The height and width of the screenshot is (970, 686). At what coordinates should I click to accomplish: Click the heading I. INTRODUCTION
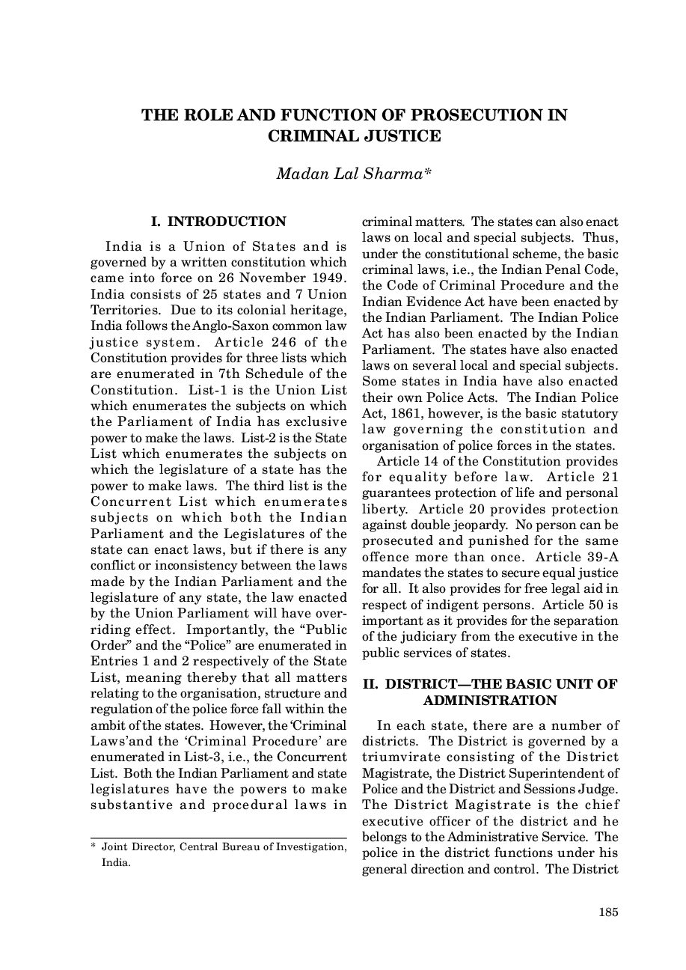pyautogui.click(x=218, y=222)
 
